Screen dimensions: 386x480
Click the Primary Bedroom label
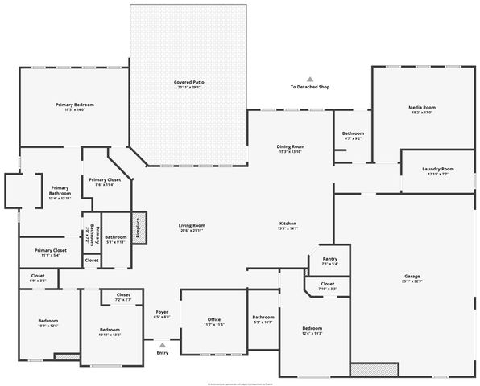point(74,105)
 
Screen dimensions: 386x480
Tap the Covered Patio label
point(188,83)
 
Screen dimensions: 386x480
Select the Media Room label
point(422,107)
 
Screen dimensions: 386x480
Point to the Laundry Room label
point(437,169)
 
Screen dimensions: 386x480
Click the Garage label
point(412,277)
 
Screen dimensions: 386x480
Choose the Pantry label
point(329,259)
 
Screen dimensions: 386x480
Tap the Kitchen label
point(288,223)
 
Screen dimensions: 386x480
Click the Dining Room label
point(290,146)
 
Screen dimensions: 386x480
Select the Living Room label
point(192,225)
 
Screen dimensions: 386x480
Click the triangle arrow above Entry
point(163,344)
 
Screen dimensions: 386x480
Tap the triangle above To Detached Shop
point(309,79)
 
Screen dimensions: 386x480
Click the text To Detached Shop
point(309,87)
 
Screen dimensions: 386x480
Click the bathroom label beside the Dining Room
point(353,133)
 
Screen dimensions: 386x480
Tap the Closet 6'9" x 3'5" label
point(38,276)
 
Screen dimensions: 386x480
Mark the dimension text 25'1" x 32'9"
point(412,281)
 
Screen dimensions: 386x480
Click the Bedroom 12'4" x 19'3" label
point(312,328)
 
